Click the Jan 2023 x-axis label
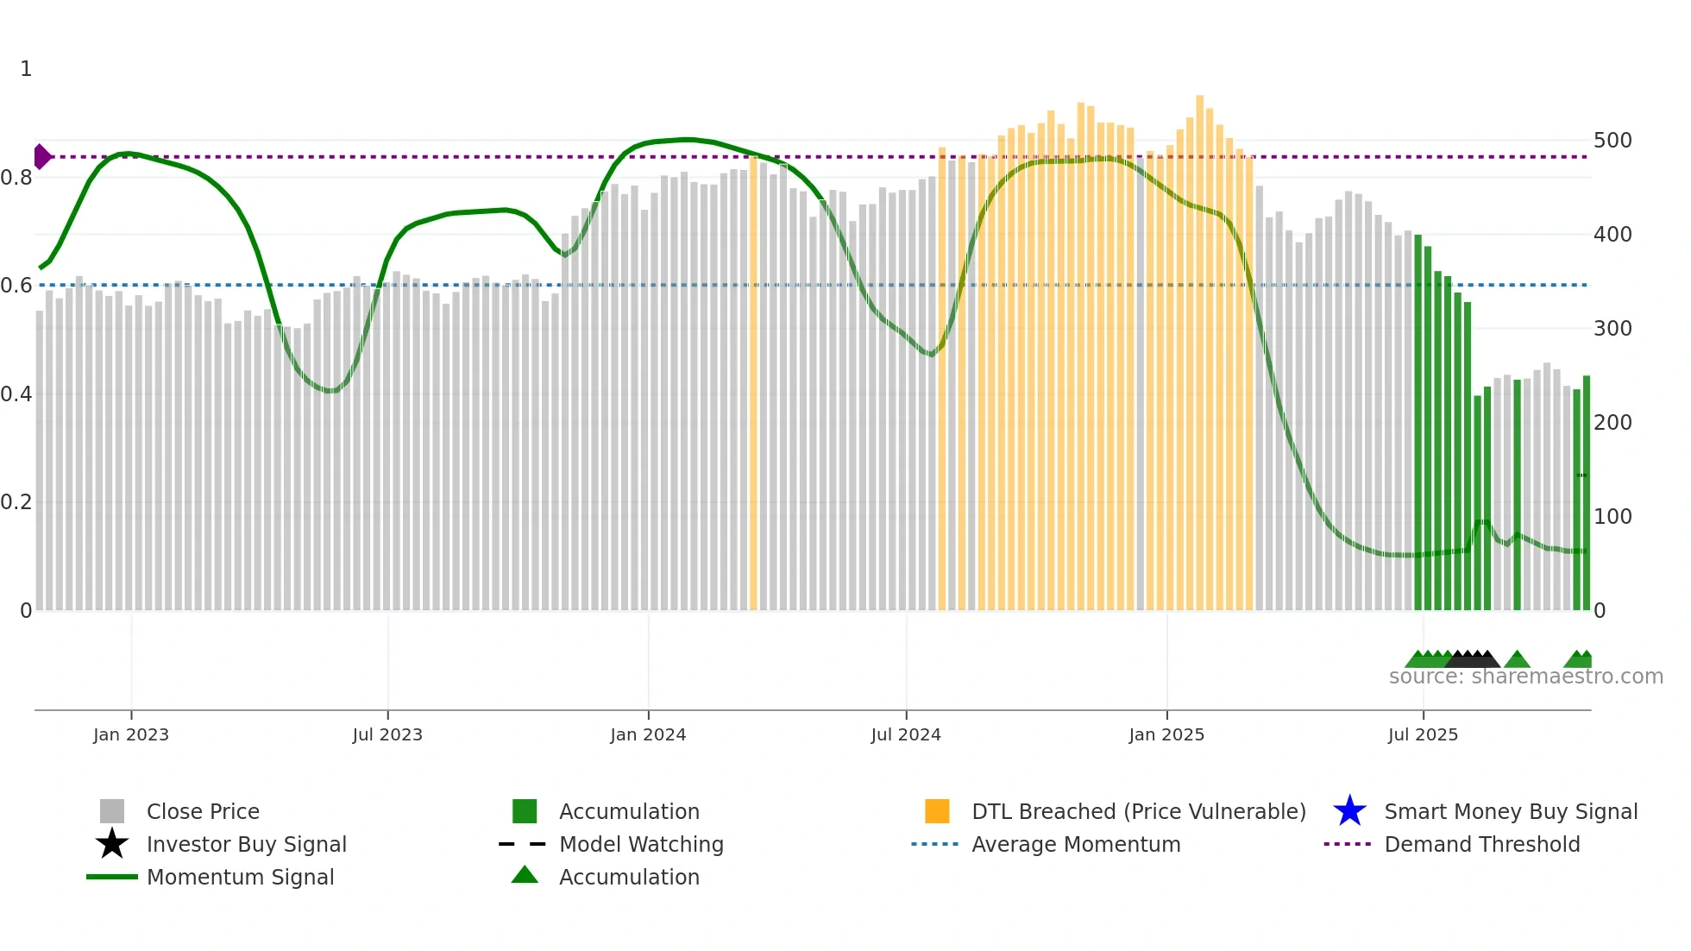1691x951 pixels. (131, 735)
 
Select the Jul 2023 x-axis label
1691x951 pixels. (387, 735)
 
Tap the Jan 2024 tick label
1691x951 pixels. (648, 735)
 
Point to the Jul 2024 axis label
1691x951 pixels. (906, 735)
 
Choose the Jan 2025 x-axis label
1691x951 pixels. (1166, 735)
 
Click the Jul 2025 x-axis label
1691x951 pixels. (1423, 735)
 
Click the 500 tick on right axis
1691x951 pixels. (1612, 141)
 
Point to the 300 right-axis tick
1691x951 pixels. (1612, 329)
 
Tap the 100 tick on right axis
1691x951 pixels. (1612, 517)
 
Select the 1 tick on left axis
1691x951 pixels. (26, 69)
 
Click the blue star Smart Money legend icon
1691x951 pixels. (1349, 811)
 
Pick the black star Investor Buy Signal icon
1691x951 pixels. (112, 844)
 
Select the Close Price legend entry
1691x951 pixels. (203, 812)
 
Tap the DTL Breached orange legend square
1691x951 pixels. (937, 811)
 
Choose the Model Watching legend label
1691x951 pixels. (641, 845)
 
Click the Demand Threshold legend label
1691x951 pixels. (1481, 845)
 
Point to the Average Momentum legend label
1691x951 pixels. (1076, 845)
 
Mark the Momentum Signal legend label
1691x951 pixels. (240, 878)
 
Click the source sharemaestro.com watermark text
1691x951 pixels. (1525, 677)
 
